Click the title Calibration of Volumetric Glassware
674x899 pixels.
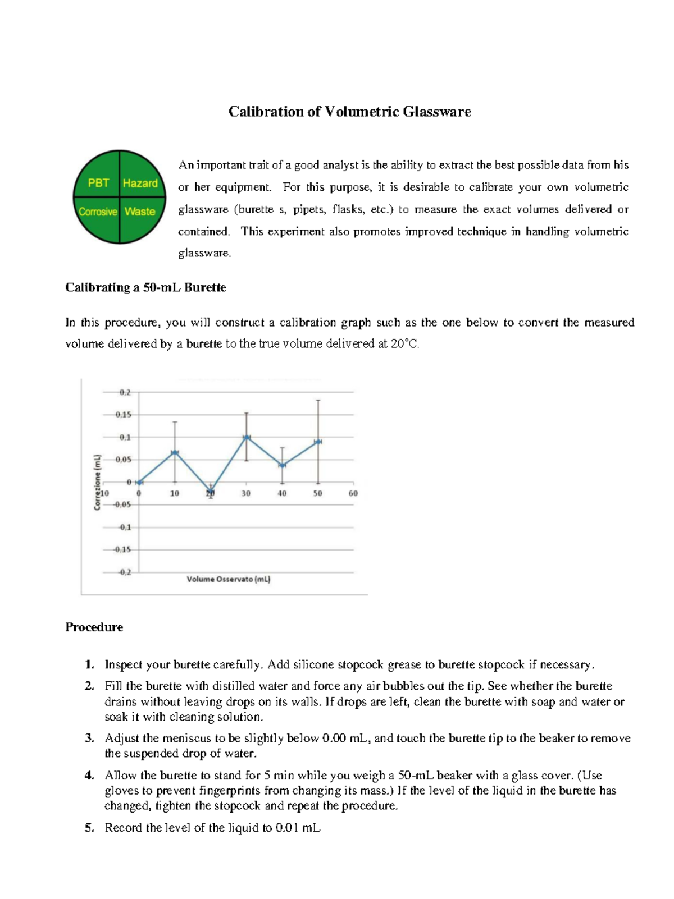pos(349,112)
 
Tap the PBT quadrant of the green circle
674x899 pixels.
pos(98,183)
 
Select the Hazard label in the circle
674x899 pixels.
pos(140,183)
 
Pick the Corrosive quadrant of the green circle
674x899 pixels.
pos(98,212)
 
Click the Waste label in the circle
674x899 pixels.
pos(140,212)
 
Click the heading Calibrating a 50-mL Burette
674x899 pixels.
pos(145,287)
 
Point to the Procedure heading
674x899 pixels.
pos(94,627)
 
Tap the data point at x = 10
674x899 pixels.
pos(175,452)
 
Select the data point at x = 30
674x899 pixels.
pos(246,437)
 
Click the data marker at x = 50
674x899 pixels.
pos(318,442)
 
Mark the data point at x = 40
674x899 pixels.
pos(282,465)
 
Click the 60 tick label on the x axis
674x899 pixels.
pos(353,493)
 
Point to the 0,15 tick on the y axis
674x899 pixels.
pos(123,415)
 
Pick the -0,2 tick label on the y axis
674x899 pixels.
pos(124,572)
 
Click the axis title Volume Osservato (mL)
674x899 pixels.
pos(229,579)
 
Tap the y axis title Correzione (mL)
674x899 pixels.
pos(97,482)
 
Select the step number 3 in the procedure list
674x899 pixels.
pos(89,738)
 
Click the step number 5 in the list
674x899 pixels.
pos(89,827)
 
